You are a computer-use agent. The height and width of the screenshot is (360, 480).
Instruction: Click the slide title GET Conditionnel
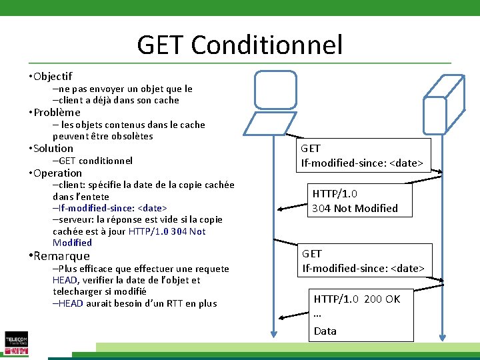[x=240, y=45]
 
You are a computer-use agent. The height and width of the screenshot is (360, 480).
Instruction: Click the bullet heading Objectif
[x=51, y=76]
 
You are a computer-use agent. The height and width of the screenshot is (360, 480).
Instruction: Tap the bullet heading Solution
[x=53, y=148]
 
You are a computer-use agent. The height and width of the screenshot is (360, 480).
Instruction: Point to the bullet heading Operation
[x=57, y=173]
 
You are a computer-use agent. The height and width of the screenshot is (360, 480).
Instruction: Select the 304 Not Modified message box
[x=355, y=201]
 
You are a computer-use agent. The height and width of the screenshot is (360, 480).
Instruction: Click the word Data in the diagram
[x=325, y=331]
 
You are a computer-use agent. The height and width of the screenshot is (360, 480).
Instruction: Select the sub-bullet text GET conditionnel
[x=95, y=160]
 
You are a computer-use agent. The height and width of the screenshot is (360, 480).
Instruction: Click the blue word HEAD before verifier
[x=65, y=280]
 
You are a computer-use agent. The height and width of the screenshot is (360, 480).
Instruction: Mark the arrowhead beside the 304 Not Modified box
[x=283, y=209]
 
